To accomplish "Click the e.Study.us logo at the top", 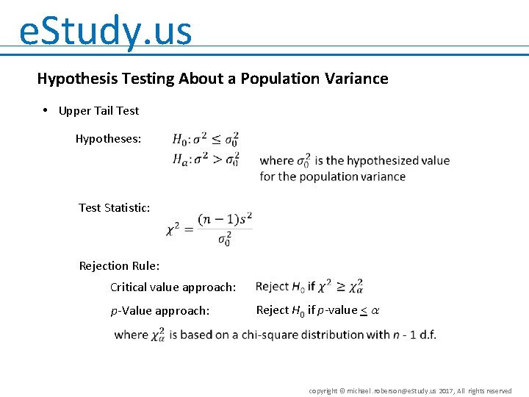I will coord(105,31).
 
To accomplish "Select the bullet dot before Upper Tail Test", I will coord(46,110).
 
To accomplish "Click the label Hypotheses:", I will coord(109,138).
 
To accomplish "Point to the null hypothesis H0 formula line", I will coord(205,139).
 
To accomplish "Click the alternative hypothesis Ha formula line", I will coord(206,159).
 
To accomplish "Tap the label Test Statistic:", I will coord(115,207).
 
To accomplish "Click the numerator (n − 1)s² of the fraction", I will coord(225,218).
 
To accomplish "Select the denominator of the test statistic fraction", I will coord(225,239).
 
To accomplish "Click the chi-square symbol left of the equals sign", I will coord(173,229).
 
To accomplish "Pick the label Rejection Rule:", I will coord(119,265).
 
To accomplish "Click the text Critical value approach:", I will coord(173,287).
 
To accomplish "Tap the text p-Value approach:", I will coord(160,311).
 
